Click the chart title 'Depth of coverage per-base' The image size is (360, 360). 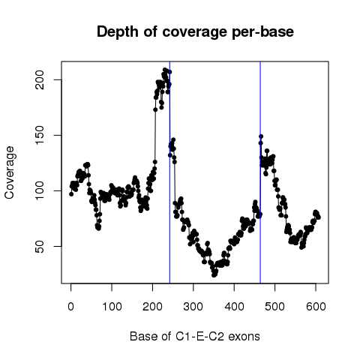pyautogui.click(x=195, y=32)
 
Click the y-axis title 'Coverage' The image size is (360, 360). pyautogui.click(x=9, y=172)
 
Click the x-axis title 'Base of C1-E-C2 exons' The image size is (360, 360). pyautogui.click(x=195, y=336)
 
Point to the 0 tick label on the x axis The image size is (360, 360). pyautogui.click(x=70, y=307)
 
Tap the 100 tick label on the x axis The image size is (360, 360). pyautogui.click(x=112, y=307)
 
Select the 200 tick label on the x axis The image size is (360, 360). pyautogui.click(x=152, y=307)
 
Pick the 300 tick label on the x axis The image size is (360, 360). pyautogui.click(x=193, y=307)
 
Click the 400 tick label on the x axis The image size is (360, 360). pyautogui.click(x=234, y=307)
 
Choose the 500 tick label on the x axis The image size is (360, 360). pyautogui.click(x=275, y=307)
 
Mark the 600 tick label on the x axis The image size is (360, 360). pyautogui.click(x=316, y=307)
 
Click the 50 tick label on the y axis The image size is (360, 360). pyautogui.click(x=40, y=246)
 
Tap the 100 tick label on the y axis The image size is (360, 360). pyautogui.click(x=40, y=190)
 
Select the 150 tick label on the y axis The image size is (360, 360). pyautogui.click(x=40, y=135)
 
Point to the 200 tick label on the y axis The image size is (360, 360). pyautogui.click(x=40, y=79)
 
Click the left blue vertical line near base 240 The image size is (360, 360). pyautogui.click(x=169, y=172)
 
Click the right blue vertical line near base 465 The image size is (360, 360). pyautogui.click(x=260, y=172)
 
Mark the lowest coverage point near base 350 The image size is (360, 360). pyautogui.click(x=214, y=275)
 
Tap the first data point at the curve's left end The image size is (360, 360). pyautogui.click(x=71, y=194)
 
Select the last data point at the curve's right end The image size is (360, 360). pyautogui.click(x=319, y=217)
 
